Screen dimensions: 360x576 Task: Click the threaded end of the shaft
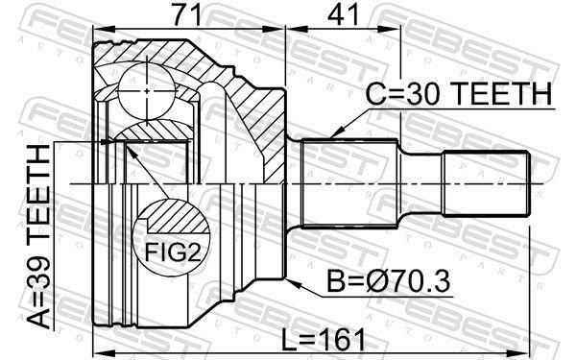[x=485, y=183]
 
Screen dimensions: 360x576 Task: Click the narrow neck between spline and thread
[x=420, y=183]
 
